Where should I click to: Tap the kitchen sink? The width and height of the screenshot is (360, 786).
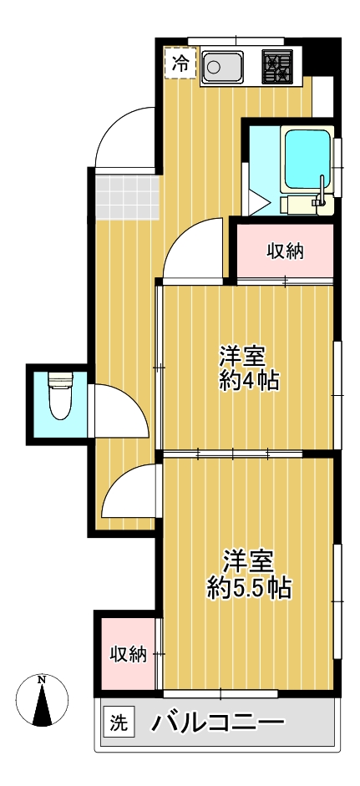click(221, 66)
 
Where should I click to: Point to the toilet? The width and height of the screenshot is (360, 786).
click(60, 398)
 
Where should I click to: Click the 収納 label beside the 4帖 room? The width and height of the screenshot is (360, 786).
click(285, 249)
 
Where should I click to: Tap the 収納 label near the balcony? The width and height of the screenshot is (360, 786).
click(128, 653)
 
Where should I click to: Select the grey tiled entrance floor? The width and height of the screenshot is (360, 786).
click(126, 195)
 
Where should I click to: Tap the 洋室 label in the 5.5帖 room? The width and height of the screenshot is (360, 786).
click(248, 559)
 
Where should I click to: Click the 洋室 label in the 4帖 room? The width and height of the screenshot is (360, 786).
click(242, 355)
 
